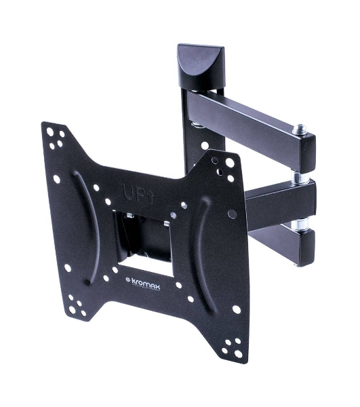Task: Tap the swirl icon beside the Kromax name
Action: [128, 279]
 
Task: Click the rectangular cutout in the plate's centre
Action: [144, 244]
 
